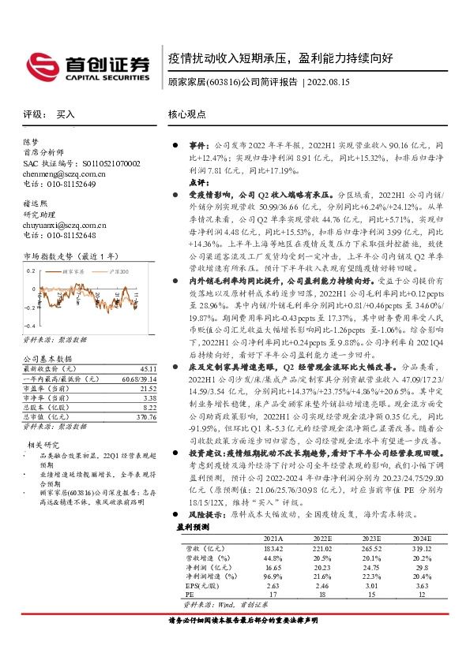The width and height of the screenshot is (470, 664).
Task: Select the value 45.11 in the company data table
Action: click(x=146, y=367)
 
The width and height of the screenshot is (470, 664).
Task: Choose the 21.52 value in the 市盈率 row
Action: click(x=146, y=388)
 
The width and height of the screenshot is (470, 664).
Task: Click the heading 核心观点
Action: click(x=187, y=114)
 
